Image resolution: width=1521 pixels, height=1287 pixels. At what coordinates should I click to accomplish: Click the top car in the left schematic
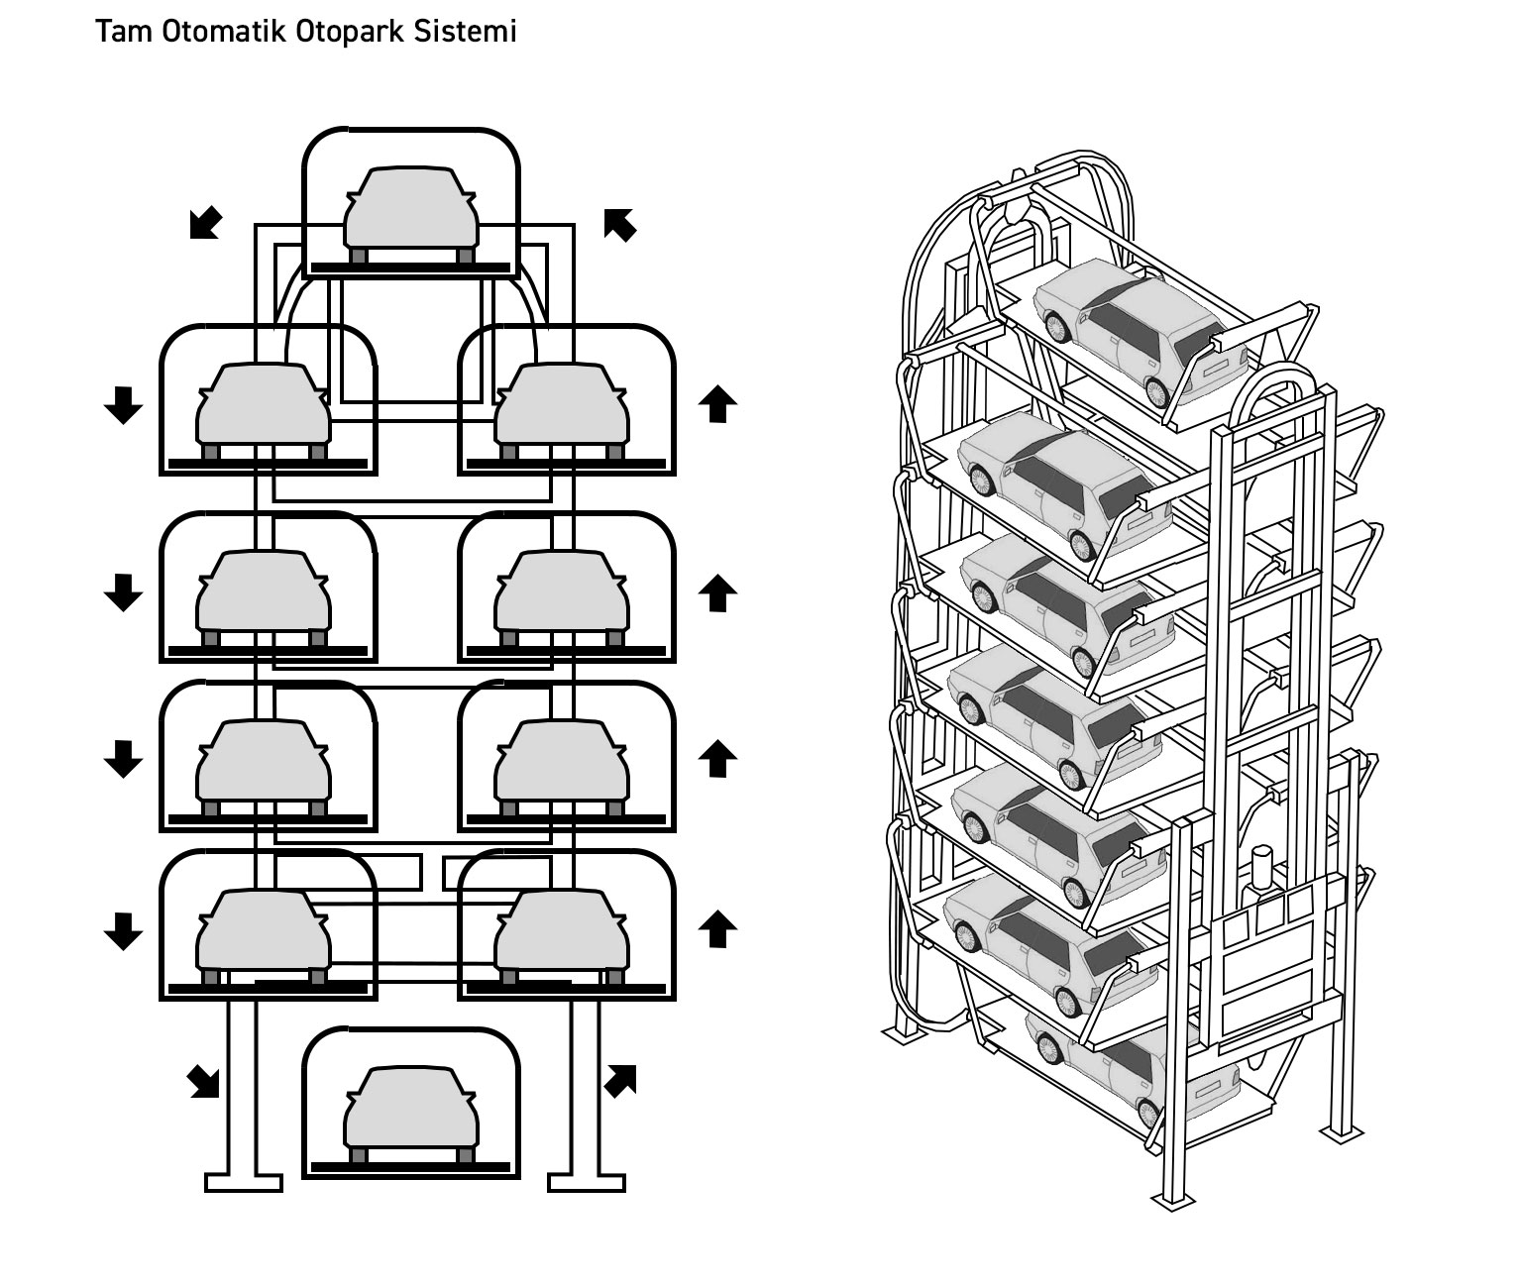tap(410, 210)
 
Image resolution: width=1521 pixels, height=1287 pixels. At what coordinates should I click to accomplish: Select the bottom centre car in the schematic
tap(410, 1110)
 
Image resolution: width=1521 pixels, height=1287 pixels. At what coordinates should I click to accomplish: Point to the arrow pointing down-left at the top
tap(205, 224)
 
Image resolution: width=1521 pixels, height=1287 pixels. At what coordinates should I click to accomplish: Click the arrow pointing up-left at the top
tap(620, 224)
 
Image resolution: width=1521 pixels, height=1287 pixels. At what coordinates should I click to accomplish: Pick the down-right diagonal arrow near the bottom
tap(205, 1081)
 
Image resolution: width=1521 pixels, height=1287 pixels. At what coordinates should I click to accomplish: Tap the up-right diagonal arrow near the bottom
tap(620, 1081)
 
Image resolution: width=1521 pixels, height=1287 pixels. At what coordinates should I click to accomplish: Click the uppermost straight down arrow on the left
tap(123, 404)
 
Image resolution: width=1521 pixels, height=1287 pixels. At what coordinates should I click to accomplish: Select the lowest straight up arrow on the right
tap(717, 929)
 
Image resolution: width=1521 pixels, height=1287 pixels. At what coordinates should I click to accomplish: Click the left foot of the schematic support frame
tap(244, 1182)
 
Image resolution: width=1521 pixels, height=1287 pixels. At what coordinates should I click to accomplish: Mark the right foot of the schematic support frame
tap(587, 1182)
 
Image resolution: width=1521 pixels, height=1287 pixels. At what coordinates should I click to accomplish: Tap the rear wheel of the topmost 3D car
tap(1156, 389)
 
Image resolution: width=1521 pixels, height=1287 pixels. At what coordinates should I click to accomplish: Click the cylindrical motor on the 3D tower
tap(1261, 868)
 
